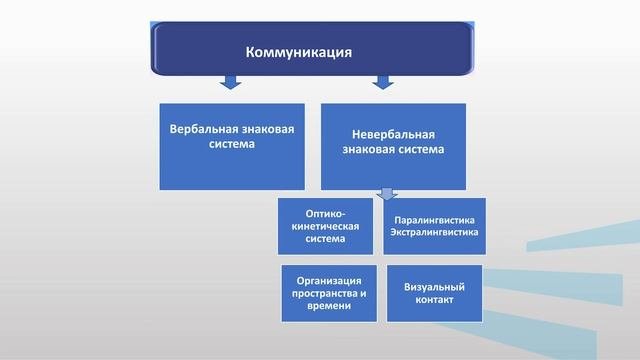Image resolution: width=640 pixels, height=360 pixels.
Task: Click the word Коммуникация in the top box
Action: [x=300, y=50]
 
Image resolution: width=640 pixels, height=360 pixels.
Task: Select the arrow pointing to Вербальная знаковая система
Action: [x=229, y=82]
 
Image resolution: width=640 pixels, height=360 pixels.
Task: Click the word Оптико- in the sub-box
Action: [x=327, y=212]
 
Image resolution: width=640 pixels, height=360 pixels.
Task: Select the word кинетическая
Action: [x=327, y=226]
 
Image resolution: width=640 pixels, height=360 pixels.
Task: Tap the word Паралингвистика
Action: [x=434, y=219]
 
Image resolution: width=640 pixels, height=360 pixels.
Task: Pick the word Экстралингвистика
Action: [x=434, y=232]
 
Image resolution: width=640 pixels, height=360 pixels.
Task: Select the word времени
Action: [x=329, y=306]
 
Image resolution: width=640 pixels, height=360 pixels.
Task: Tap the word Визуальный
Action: [x=434, y=285]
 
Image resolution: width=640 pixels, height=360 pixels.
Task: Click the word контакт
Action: [x=434, y=299]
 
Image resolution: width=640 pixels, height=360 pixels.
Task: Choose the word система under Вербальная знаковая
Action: [x=232, y=143]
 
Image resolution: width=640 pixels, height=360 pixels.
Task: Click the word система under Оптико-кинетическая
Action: [x=327, y=239]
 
